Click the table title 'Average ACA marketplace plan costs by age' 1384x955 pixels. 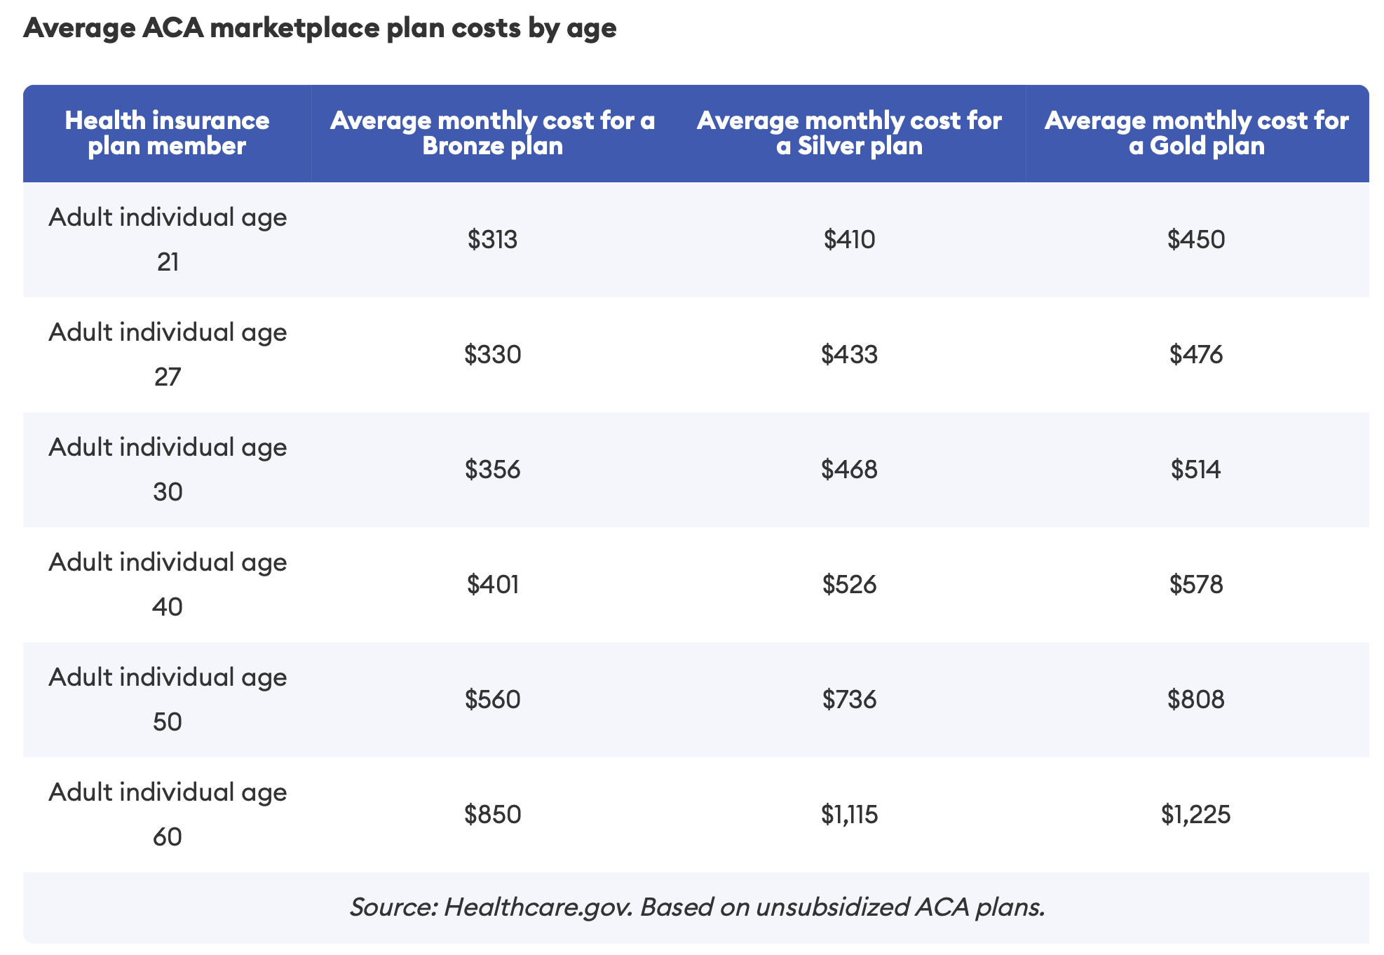point(320,28)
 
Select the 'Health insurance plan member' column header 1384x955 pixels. point(167,133)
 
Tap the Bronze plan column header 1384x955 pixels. point(493,133)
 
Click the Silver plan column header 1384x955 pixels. point(849,133)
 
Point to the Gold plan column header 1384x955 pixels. point(1197,133)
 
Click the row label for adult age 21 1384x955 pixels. point(168,239)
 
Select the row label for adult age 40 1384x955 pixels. point(168,584)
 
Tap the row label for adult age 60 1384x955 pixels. point(168,814)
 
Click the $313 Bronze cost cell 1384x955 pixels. point(493,240)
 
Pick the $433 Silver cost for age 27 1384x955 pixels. point(850,355)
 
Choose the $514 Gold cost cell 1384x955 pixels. point(1196,470)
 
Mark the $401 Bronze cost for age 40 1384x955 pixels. point(493,585)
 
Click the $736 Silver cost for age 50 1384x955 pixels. point(850,700)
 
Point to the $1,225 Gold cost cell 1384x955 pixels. point(1196,815)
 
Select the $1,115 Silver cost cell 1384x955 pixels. point(850,815)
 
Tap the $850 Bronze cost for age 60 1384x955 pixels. point(493,815)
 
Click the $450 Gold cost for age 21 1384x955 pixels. point(1196,240)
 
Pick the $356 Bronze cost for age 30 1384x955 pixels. point(493,470)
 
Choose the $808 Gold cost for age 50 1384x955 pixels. point(1196,700)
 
